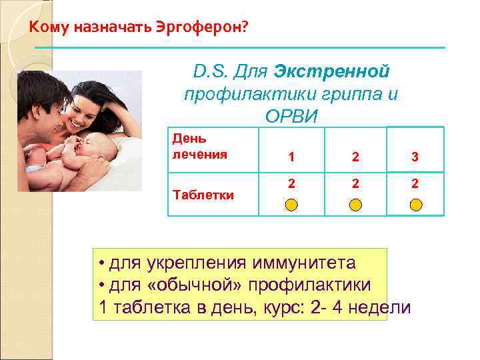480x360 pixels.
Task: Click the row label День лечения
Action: coord(199,147)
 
